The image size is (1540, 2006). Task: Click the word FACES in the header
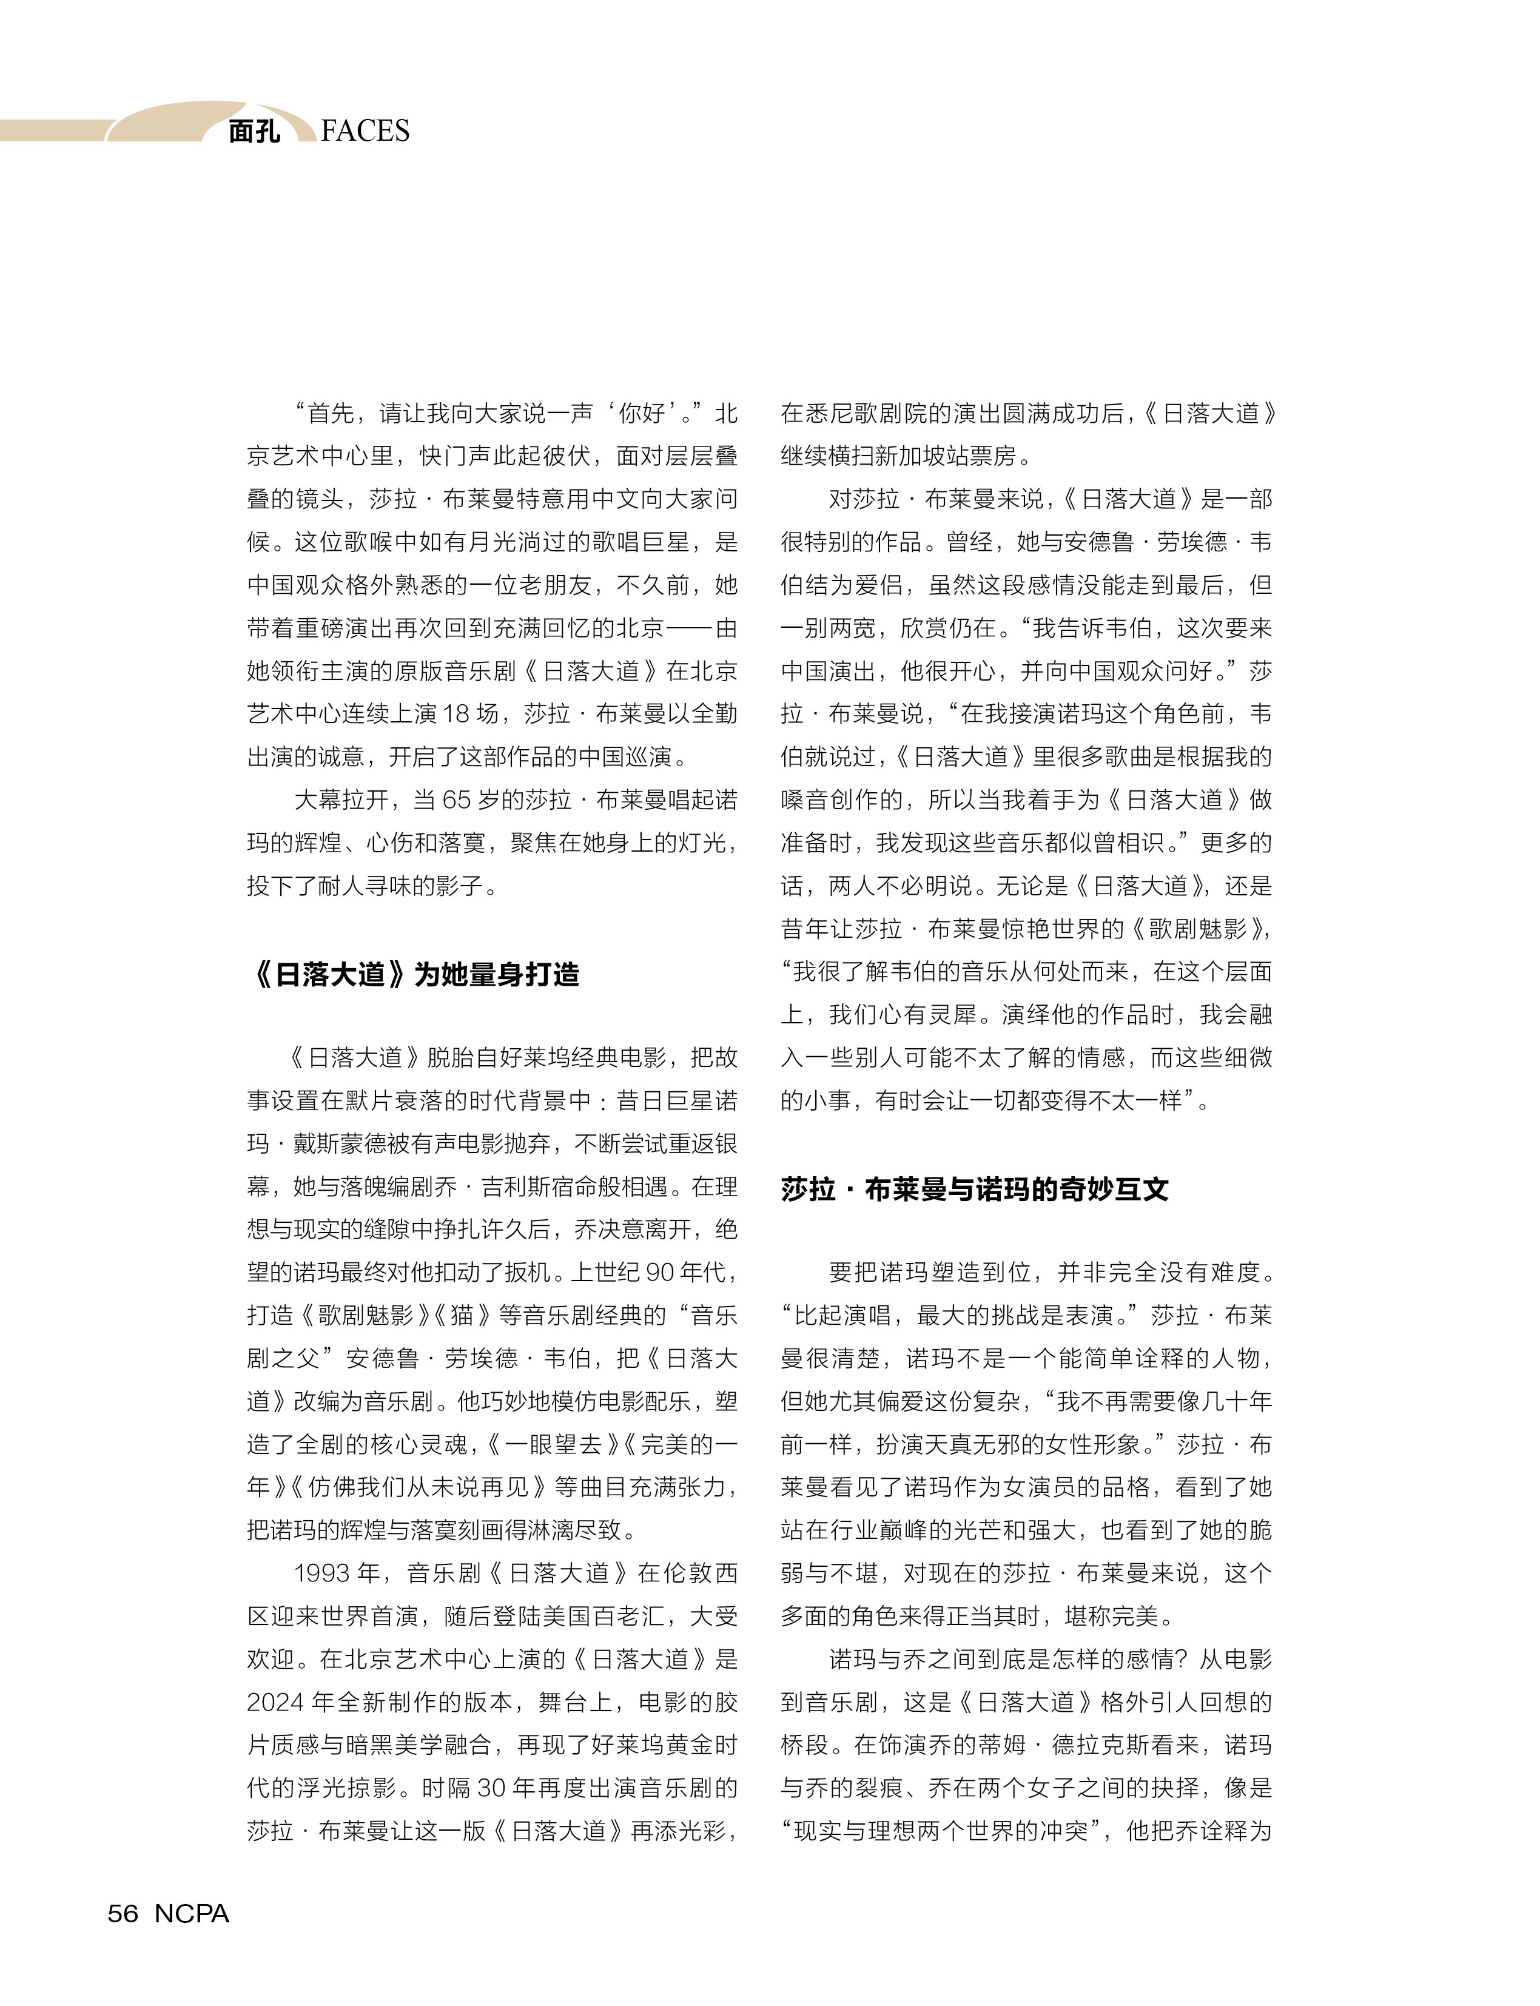click(365, 131)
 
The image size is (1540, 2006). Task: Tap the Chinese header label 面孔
click(254, 132)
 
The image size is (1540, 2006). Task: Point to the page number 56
click(123, 1913)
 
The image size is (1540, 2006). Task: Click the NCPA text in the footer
click(192, 1913)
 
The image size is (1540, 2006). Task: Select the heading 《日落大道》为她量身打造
click(414, 974)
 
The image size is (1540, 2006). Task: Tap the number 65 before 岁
click(457, 799)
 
